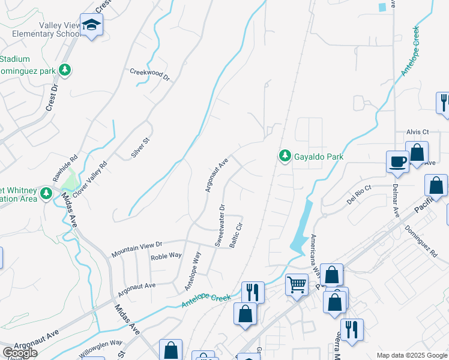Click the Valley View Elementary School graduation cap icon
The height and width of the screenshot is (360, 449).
[92, 25]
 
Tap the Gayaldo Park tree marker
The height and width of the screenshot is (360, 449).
[285, 156]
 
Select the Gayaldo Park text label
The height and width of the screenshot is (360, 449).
[318, 157]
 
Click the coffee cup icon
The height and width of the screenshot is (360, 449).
[397, 161]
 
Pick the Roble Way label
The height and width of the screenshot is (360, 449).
[166, 255]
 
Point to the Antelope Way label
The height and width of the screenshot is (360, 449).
[193, 271]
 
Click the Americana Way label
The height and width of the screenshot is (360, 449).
[313, 247]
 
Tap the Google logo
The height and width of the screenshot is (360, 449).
[20, 353]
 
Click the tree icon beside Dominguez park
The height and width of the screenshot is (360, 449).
[65, 70]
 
